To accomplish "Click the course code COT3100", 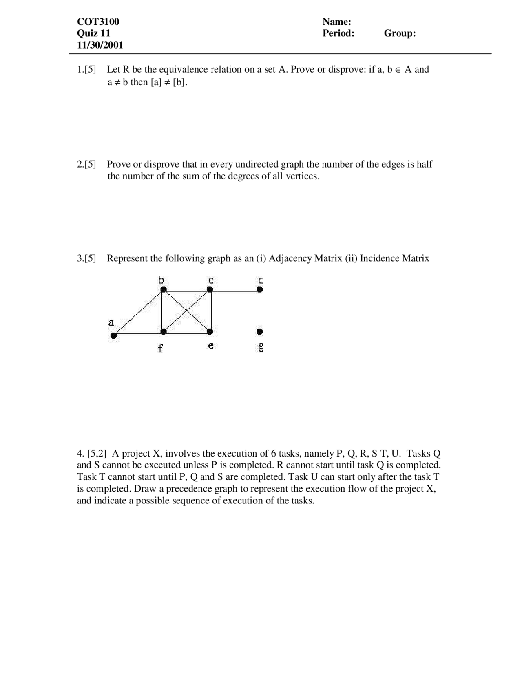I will pyautogui.click(x=98, y=22).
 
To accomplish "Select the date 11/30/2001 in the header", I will pyautogui.click(x=100, y=45).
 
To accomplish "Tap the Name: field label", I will pyautogui.click(x=336, y=22).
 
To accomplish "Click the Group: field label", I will pyautogui.click(x=399, y=33).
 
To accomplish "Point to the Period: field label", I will pyautogui.click(x=338, y=33).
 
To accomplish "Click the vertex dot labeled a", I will pyautogui.click(x=114, y=335).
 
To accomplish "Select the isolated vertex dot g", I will pyautogui.click(x=259, y=332).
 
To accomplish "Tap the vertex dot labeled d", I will pyautogui.click(x=259, y=290).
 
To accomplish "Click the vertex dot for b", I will pyautogui.click(x=163, y=290).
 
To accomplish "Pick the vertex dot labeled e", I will pyautogui.click(x=210, y=332).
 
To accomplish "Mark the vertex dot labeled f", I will pyautogui.click(x=163, y=332).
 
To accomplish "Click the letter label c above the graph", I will pyautogui.click(x=210, y=280).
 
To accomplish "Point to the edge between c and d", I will pyautogui.click(x=234, y=291).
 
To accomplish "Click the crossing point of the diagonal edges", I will pyautogui.click(x=186, y=311).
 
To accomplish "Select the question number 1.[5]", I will pyautogui.click(x=86, y=69).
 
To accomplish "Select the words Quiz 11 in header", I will pyautogui.click(x=93, y=33).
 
